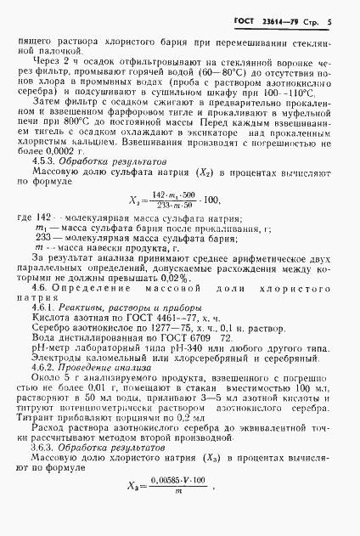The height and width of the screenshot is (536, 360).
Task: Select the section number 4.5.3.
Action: (x=46, y=161)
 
